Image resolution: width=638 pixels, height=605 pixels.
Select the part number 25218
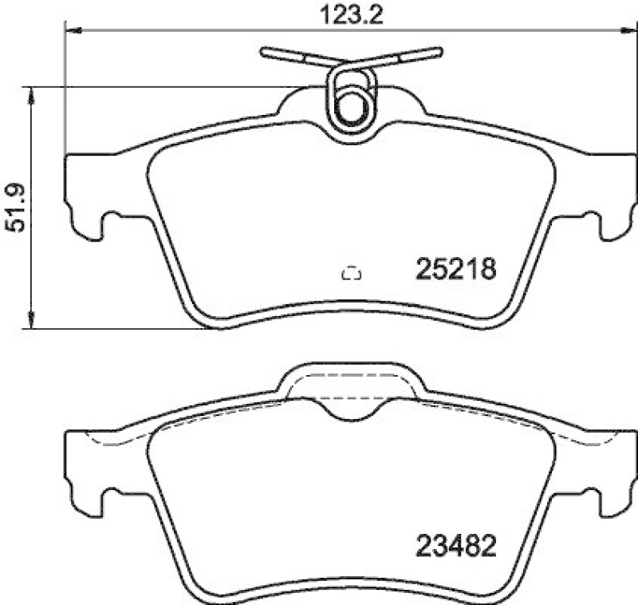point(455,269)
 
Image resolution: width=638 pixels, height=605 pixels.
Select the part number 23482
point(455,547)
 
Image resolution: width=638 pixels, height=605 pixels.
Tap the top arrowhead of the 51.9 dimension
point(31,95)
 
